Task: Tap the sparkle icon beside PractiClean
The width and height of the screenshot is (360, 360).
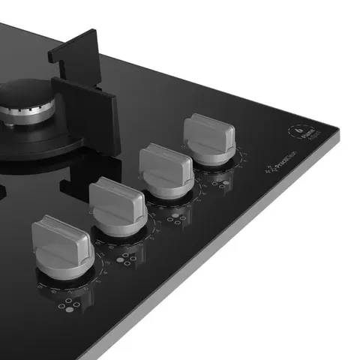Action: pos(265,175)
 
